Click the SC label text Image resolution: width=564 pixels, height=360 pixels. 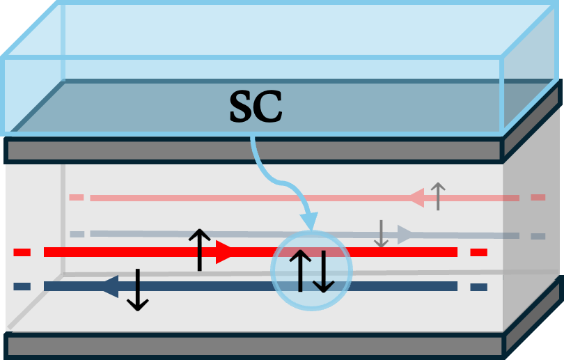coord(256,108)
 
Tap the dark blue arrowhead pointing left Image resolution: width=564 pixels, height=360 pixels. coord(110,285)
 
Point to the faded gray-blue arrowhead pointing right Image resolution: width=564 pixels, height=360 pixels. coord(406,235)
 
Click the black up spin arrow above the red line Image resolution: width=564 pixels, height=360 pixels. coord(199,249)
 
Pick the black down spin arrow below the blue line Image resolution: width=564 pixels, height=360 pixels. coord(137,290)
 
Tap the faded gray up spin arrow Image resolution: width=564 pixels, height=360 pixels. coord(437,196)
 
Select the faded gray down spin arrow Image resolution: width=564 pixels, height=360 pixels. coord(381,234)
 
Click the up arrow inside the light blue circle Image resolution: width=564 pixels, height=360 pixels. coord(299,270)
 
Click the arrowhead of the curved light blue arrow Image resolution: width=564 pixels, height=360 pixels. coord(308,221)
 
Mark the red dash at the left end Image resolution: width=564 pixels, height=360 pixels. coord(22,252)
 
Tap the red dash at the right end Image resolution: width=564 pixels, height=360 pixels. coord(478,252)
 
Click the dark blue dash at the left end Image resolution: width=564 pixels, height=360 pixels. coord(22,286)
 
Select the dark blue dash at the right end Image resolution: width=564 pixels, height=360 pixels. coord(478,286)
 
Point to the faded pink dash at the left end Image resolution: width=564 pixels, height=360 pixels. coord(77,197)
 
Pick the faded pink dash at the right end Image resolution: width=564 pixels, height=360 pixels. coord(538,198)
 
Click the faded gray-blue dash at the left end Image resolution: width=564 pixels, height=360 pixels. coord(77,234)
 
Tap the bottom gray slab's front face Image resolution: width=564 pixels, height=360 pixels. coord(254,345)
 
